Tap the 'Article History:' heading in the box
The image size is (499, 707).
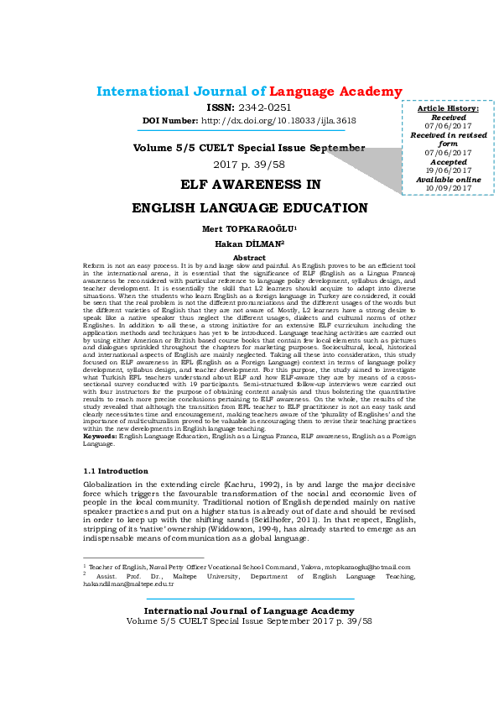(448, 109)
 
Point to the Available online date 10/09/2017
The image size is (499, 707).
(448, 187)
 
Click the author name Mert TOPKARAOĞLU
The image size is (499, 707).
(247, 228)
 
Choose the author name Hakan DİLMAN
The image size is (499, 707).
(247, 244)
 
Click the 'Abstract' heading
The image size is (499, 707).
(249, 257)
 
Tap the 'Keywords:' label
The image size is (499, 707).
(101, 437)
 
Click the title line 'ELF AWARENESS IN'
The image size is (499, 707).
(250, 183)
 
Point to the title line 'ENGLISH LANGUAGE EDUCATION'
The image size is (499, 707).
(250, 207)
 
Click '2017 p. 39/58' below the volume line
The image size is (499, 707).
(249, 164)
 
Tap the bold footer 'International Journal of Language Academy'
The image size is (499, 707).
(249, 610)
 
